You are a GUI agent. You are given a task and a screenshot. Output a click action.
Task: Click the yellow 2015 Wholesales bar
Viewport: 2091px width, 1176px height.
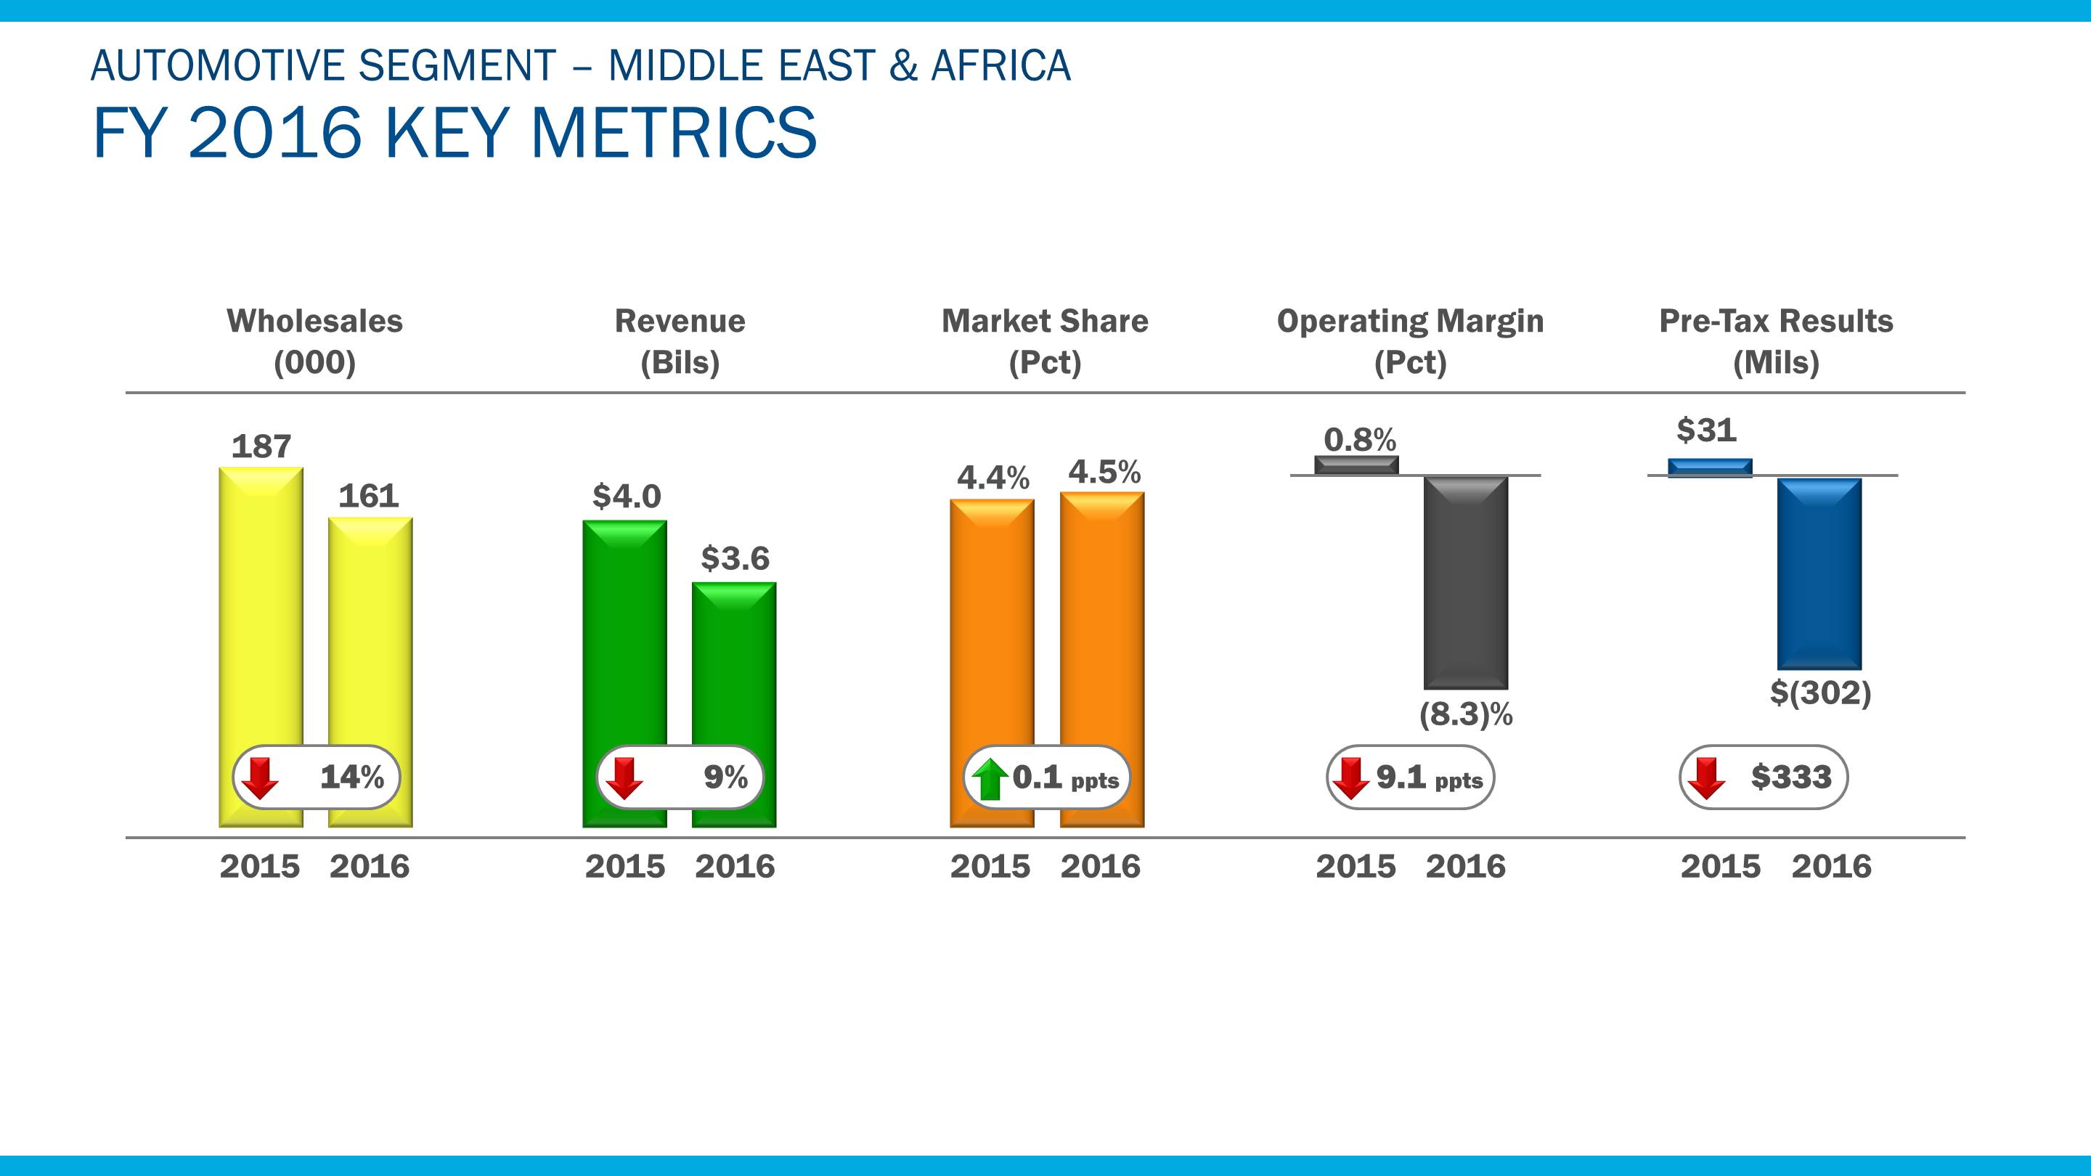click(x=261, y=600)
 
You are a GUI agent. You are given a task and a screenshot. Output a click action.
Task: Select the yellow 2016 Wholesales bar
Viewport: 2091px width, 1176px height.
click(x=370, y=625)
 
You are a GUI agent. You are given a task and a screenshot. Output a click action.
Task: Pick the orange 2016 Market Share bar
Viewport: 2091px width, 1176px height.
click(x=1101, y=617)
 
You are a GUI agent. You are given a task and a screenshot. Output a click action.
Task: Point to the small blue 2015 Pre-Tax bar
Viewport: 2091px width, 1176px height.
click(x=1710, y=467)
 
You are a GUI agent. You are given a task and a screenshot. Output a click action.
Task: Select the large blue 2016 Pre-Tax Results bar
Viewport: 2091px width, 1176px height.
click(x=1819, y=573)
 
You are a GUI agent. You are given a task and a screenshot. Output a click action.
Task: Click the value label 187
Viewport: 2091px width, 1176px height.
click(x=261, y=446)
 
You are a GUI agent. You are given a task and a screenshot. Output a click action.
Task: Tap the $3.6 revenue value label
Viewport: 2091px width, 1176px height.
click(x=735, y=558)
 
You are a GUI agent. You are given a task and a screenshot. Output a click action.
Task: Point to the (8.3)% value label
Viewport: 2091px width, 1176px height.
click(x=1466, y=714)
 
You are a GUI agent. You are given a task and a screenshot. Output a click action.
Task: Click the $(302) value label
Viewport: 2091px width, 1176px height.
click(x=1820, y=693)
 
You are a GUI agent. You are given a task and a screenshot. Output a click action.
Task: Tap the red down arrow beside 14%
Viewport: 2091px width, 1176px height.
click(x=261, y=777)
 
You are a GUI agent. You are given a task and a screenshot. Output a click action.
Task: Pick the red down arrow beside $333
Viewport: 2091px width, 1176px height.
click(x=1706, y=777)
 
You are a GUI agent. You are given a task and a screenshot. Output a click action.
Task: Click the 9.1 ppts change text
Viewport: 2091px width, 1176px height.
click(x=1430, y=777)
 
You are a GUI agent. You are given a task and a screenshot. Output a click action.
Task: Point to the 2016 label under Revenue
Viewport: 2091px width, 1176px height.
click(x=735, y=867)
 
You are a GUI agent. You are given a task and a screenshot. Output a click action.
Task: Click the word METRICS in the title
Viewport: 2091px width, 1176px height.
click(x=673, y=132)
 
